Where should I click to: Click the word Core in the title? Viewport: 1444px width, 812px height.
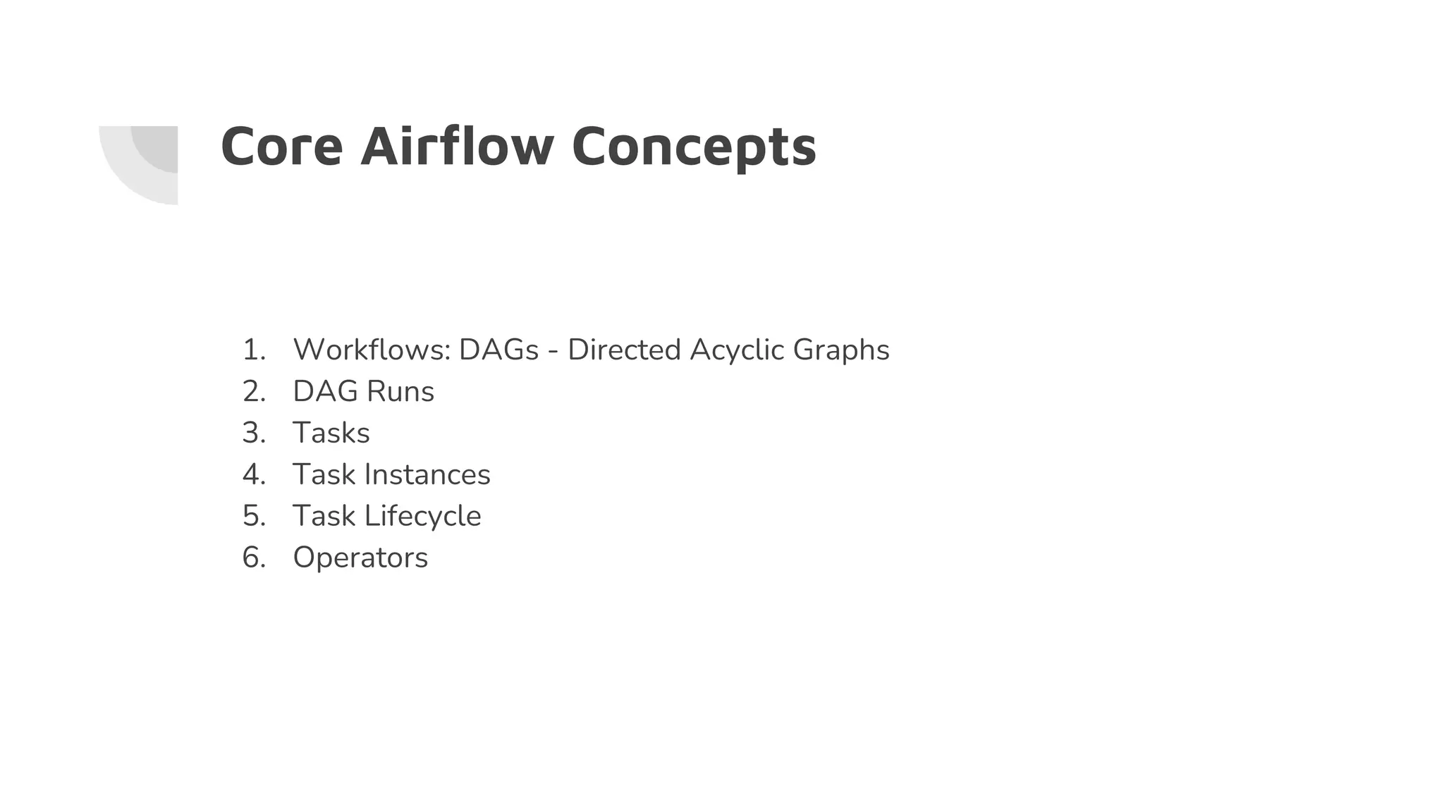pyautogui.click(x=281, y=147)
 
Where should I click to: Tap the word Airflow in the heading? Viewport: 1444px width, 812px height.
pyautogui.click(x=457, y=147)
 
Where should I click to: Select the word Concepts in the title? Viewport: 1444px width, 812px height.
pyautogui.click(x=694, y=148)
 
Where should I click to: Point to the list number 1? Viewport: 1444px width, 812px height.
pyautogui.click(x=253, y=350)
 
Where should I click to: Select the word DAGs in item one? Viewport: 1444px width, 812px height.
pyautogui.click(x=498, y=350)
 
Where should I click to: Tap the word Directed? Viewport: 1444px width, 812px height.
pyautogui.click(x=624, y=350)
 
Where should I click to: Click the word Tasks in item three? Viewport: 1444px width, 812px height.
pyautogui.click(x=331, y=433)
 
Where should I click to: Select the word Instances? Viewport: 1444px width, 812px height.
pyautogui.click(x=427, y=474)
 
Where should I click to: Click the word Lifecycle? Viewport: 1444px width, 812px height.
pyautogui.click(x=422, y=517)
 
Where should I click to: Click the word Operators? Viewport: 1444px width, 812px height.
pyautogui.click(x=360, y=558)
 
